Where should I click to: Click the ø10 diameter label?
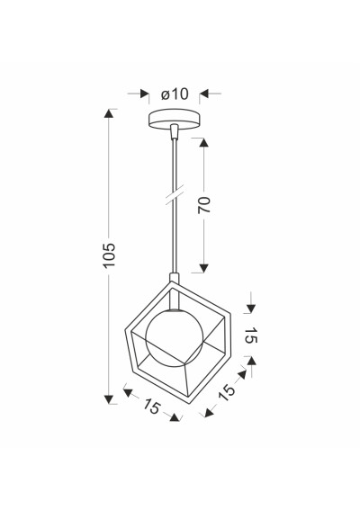click(175, 94)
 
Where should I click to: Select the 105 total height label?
click(109, 255)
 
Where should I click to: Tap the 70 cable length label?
click(204, 205)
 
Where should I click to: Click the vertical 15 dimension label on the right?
click(251, 335)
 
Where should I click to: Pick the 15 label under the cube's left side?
click(152, 407)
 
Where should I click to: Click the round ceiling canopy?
click(174, 119)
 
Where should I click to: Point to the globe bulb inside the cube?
click(175, 338)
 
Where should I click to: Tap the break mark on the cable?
click(175, 194)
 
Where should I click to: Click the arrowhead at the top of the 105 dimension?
click(109, 113)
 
